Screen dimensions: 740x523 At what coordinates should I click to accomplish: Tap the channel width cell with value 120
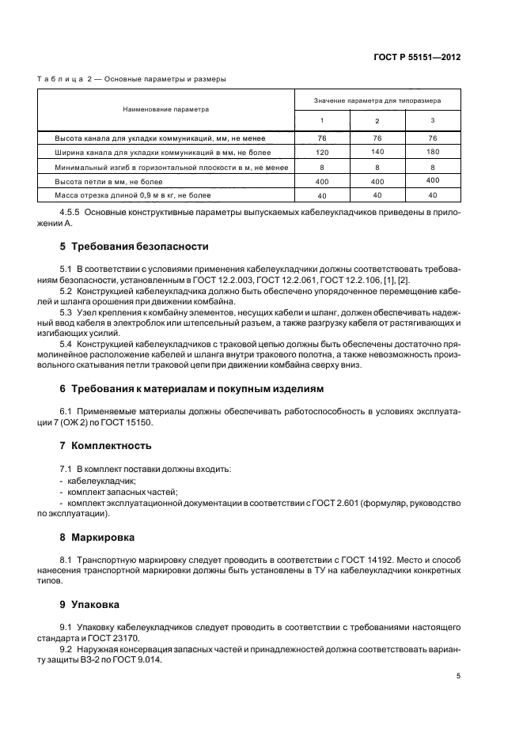(x=321, y=152)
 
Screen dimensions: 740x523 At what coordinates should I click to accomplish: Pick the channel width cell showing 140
(x=377, y=152)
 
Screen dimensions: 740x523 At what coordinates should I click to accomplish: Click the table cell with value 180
(x=433, y=152)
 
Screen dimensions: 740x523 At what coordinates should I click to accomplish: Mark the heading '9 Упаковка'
(x=90, y=604)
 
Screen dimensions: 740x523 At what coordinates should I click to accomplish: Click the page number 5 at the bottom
(x=458, y=677)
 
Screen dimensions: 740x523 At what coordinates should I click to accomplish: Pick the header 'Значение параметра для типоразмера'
(x=377, y=100)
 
